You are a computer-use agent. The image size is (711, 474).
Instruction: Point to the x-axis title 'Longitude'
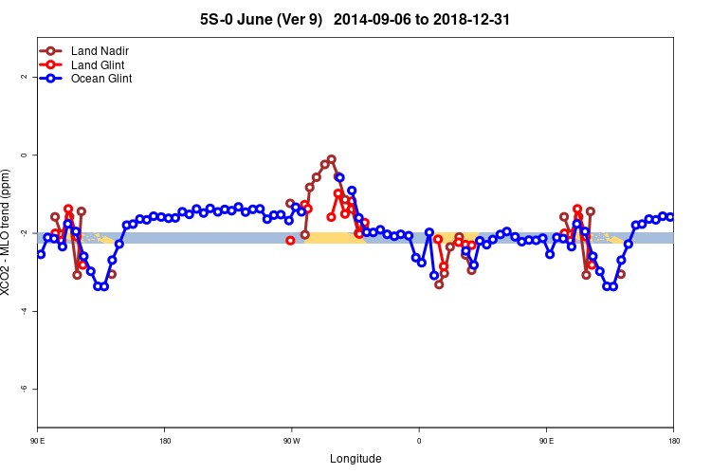355,459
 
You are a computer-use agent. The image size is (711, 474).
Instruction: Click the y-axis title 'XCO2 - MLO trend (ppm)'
8,232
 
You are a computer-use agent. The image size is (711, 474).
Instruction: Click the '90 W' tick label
291,441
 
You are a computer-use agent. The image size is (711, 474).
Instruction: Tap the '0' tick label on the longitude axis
419,441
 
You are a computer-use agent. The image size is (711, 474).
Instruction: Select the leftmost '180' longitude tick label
165,441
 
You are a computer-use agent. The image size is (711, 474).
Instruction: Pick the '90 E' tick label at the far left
38,441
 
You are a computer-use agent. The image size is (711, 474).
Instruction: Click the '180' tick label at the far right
672,441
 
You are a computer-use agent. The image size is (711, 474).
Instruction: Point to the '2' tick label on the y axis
24,77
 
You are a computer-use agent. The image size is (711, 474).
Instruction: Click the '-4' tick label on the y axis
24,311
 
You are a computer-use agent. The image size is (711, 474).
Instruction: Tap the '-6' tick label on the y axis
24,389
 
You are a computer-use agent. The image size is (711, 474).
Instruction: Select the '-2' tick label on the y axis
24,233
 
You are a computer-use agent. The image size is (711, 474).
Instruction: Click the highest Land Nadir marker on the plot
332,159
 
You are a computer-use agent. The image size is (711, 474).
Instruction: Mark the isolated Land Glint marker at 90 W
290,241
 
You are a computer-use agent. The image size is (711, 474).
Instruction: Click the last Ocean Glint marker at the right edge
670,217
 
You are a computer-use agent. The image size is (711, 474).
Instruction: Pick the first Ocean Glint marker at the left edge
40,254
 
